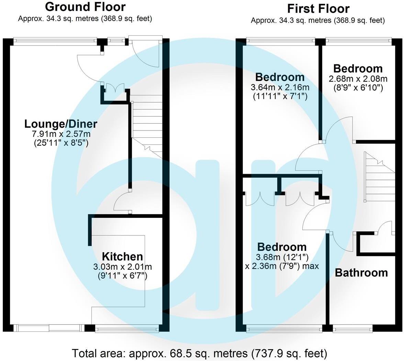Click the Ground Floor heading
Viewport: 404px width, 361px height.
point(85,7)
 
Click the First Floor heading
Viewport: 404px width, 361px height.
point(318,9)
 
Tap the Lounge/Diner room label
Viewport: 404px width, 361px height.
point(61,124)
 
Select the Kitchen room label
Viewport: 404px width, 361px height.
point(122,256)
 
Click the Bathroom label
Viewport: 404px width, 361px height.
point(361,273)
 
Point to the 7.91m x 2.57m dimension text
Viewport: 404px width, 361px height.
point(61,134)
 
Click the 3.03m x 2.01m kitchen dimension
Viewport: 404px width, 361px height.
point(122,266)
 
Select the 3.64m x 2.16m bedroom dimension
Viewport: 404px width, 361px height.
point(280,87)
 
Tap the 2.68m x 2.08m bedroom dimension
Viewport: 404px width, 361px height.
point(358,78)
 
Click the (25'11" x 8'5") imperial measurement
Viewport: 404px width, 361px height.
point(61,143)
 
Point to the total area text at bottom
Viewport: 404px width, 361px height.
point(199,353)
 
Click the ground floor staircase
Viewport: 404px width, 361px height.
point(147,124)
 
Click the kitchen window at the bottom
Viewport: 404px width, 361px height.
point(127,330)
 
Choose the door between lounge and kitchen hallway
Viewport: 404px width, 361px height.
point(122,203)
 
